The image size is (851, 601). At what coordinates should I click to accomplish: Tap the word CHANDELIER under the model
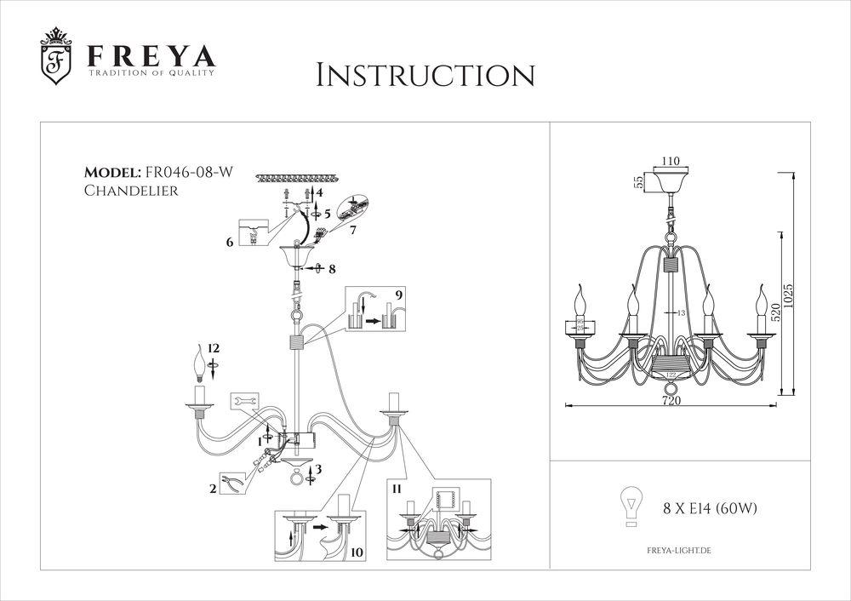click(x=131, y=192)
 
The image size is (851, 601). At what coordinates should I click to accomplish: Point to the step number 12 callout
click(x=213, y=348)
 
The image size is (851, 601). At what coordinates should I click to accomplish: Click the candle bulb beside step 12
click(x=202, y=363)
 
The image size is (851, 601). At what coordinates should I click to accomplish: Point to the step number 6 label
click(x=230, y=243)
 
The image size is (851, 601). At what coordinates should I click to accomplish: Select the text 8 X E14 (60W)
click(x=710, y=509)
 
